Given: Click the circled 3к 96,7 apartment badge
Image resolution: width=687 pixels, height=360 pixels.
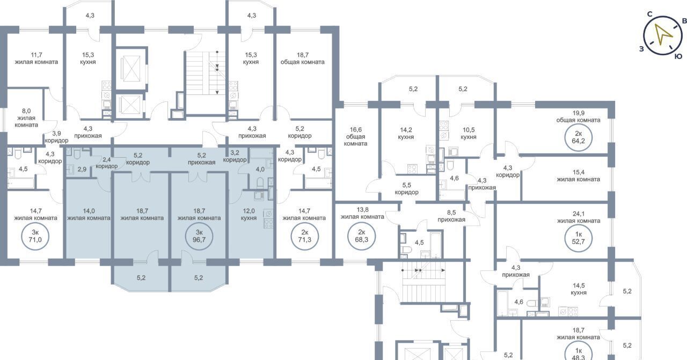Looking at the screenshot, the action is [199, 237].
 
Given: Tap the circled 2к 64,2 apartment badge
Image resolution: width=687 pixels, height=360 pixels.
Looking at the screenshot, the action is [579, 138].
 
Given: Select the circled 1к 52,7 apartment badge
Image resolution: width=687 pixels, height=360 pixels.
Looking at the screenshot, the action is [579, 238].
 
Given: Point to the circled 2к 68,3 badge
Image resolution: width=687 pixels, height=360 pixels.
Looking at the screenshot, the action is [362, 237].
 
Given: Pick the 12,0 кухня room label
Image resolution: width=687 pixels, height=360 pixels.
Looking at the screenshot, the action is [249, 215].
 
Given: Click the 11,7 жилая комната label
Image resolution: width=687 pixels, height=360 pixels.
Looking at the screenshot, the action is [36, 58].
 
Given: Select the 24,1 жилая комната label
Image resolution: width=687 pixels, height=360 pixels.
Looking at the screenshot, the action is [579, 217].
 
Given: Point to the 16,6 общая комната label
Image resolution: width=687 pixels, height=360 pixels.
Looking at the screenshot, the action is [355, 136].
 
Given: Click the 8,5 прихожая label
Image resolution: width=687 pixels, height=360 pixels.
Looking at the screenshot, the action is [451, 216].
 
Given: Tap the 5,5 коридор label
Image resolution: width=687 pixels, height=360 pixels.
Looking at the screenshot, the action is [407, 189].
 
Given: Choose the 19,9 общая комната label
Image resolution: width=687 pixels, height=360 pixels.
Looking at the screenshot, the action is [579, 116].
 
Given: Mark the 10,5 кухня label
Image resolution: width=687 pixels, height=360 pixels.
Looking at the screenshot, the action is [469, 134].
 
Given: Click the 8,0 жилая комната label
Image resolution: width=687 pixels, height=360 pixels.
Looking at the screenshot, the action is [26, 117].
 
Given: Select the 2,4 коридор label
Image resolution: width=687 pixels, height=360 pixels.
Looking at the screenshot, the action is [106, 163].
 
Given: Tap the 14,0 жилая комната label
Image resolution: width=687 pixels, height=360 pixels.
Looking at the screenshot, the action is [89, 215].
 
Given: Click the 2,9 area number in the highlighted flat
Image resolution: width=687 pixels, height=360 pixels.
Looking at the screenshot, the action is [82, 169].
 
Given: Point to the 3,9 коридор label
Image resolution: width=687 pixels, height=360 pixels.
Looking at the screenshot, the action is [56, 137].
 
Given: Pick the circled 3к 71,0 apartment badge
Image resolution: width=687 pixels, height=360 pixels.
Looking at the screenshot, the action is [35, 237].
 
